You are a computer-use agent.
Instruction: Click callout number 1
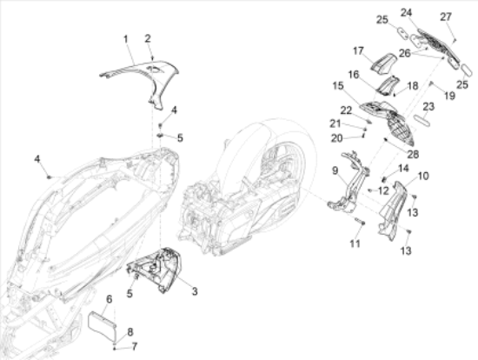(126, 39)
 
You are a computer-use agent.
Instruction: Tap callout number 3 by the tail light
(195, 291)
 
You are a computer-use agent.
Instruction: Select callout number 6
(109, 299)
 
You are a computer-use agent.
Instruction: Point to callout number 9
(335, 170)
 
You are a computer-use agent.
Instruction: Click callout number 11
(355, 243)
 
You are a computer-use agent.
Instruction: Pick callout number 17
(358, 50)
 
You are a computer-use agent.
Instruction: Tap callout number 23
(428, 106)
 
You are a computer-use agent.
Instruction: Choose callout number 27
(446, 17)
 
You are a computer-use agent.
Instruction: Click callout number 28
(413, 155)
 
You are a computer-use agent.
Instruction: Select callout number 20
(337, 138)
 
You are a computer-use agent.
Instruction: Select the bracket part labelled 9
(349, 186)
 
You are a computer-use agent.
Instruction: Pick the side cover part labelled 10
(393, 208)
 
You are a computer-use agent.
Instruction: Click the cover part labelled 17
(383, 63)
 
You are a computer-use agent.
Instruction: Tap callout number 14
(403, 168)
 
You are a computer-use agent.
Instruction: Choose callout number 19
(450, 96)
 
